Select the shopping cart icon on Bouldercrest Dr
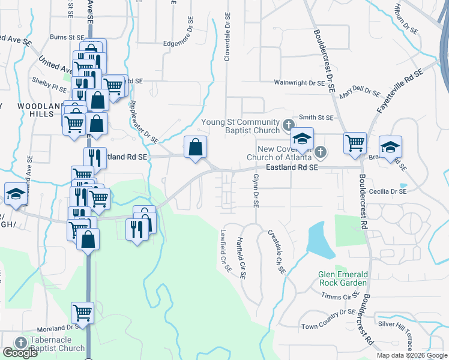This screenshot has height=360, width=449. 355,143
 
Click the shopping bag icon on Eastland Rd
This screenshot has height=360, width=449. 195,147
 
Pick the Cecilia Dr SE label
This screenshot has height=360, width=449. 387,191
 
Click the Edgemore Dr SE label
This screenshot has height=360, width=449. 187,44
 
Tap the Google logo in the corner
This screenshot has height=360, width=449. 20,353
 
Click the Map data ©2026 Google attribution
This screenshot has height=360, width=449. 412,355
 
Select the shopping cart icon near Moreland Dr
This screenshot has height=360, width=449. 82,312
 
